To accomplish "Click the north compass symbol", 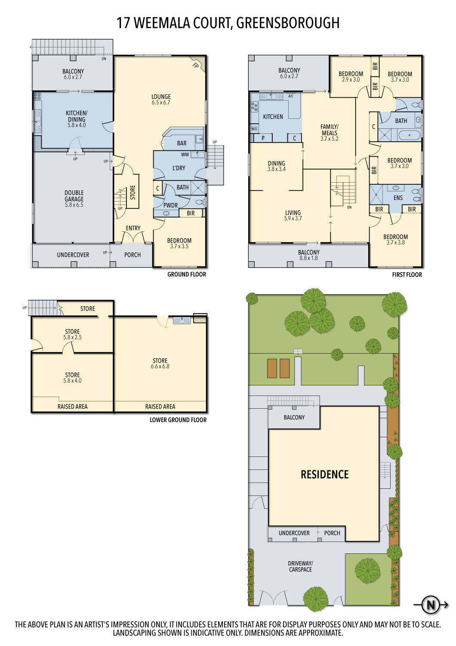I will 430,605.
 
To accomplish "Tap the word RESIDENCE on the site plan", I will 324,475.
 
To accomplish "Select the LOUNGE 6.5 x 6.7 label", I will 161,99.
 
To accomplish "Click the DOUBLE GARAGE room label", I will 74,199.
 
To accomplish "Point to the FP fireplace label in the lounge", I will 195,65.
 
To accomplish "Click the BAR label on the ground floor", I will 182,143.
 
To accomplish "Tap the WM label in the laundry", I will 185,155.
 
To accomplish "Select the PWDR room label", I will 170,205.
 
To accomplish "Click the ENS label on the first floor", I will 398,198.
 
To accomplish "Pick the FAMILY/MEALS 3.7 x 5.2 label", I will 330,132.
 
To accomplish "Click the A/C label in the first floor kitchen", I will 291,96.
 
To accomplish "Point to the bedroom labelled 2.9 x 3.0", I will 351,77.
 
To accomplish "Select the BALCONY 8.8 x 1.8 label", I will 308,255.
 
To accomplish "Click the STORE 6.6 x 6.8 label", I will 160,363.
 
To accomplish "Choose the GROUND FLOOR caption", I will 187,274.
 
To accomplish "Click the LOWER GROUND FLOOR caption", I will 178,420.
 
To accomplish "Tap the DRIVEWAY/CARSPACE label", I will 300,566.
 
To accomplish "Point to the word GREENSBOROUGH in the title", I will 288,22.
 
